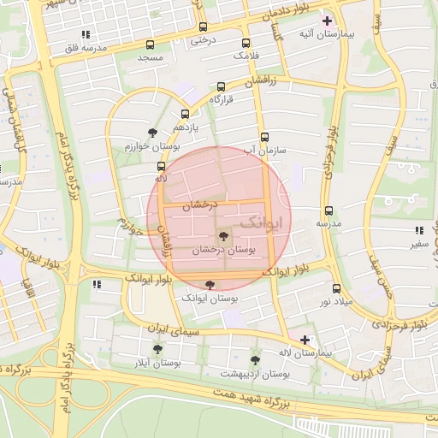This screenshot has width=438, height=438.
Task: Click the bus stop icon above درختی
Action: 203,27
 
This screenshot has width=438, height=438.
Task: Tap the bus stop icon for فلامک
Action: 246,43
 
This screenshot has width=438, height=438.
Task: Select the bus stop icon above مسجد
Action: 151,44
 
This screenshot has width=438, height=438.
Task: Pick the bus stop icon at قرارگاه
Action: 222,86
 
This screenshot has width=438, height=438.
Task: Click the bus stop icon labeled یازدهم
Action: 186,114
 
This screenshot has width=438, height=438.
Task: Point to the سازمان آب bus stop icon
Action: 263,137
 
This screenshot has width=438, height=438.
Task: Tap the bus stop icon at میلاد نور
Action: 336,288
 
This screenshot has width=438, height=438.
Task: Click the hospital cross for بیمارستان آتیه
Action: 327,20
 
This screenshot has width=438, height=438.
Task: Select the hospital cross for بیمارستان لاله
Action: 305,340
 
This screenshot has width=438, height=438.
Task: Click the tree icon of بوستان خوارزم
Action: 152,133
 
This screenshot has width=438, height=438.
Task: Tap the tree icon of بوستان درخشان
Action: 223,236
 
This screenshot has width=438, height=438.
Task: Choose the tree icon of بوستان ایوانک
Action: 210,285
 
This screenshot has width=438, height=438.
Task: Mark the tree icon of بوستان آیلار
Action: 157,349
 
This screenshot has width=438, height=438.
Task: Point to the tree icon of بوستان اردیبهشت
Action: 255,360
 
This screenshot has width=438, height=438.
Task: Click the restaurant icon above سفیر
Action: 419,231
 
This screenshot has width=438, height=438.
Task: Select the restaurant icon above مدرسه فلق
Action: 85,35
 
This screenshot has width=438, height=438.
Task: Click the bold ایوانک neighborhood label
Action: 260,222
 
